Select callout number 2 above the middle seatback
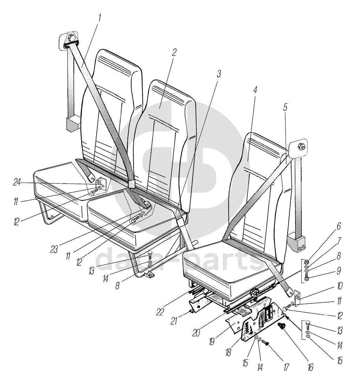[x=175, y=52]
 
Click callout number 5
[x=285, y=108]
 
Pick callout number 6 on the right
[x=339, y=226]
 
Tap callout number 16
[x=310, y=367]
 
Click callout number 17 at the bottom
[x=286, y=367]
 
